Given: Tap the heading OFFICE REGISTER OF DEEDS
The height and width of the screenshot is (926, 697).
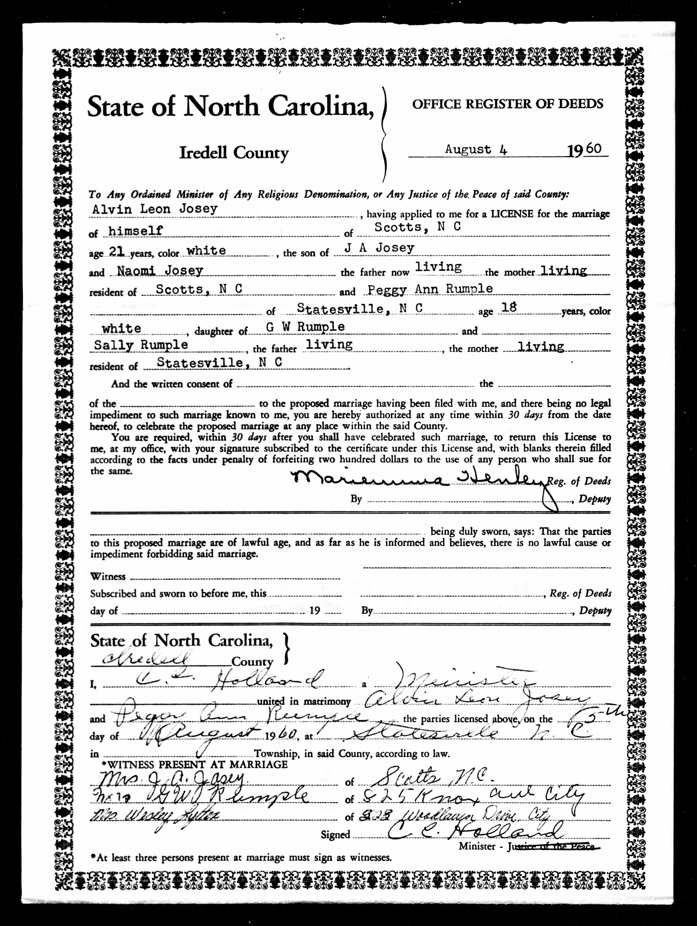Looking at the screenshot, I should pyautogui.click(x=507, y=104).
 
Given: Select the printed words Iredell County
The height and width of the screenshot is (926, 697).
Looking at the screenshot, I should pyautogui.click(x=234, y=153).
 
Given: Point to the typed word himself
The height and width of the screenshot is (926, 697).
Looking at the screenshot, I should pyautogui.click(x=135, y=231).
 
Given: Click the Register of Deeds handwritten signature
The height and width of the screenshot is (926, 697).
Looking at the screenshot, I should pyautogui.click(x=418, y=480).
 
